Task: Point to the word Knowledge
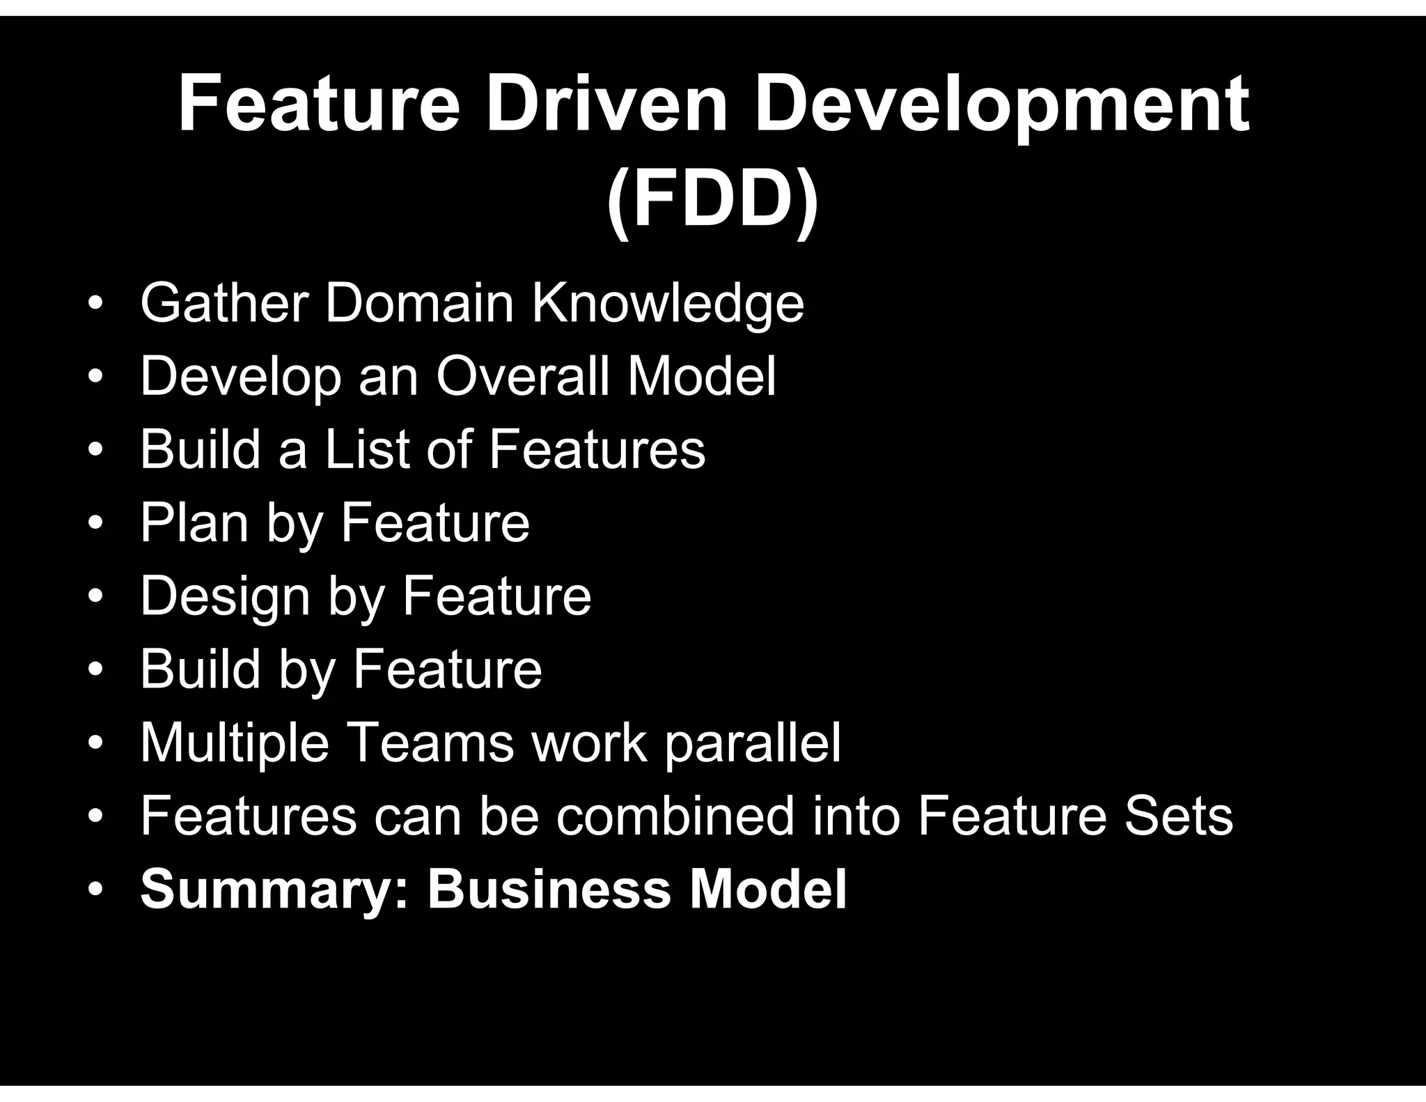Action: pos(668,304)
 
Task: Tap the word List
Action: pos(366,449)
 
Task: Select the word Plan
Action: pos(194,524)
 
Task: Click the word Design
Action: pos(225,598)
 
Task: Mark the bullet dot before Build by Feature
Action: pos(95,669)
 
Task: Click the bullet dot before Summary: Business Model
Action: pos(95,890)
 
